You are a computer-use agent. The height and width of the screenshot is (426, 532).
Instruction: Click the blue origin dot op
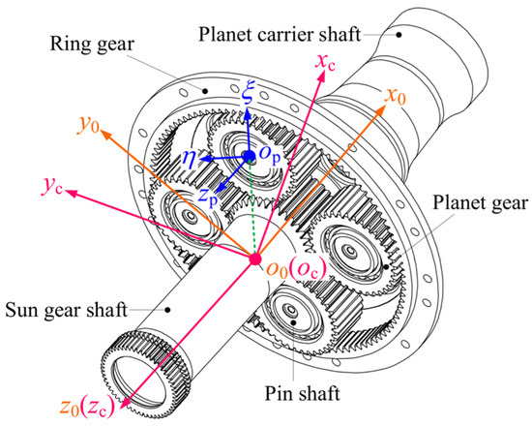click(249, 155)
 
